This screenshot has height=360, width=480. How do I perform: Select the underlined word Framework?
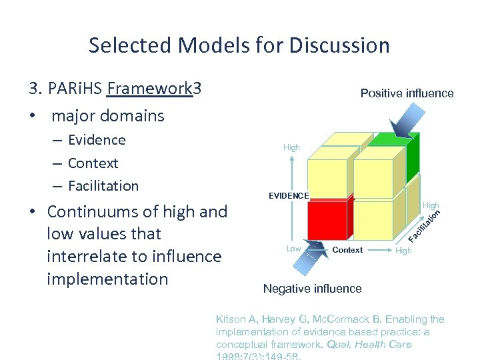tap(149, 89)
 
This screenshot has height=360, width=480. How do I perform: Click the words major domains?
tap(107, 115)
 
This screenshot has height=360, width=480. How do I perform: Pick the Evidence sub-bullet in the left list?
tap(97, 140)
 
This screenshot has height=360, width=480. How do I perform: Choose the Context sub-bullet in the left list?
tap(93, 163)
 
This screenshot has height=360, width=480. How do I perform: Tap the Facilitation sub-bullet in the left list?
tap(103, 186)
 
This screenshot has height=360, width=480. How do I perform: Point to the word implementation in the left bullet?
tap(107, 279)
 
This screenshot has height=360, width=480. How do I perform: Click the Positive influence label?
tap(407, 93)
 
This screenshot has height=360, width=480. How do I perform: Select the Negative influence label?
tap(312, 289)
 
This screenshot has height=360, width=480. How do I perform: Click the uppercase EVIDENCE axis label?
tap(289, 196)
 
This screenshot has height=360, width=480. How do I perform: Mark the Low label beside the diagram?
tap(293, 249)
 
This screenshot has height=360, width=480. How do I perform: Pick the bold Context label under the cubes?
tap(347, 250)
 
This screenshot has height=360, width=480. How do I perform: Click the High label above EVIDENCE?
tap(291, 147)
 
